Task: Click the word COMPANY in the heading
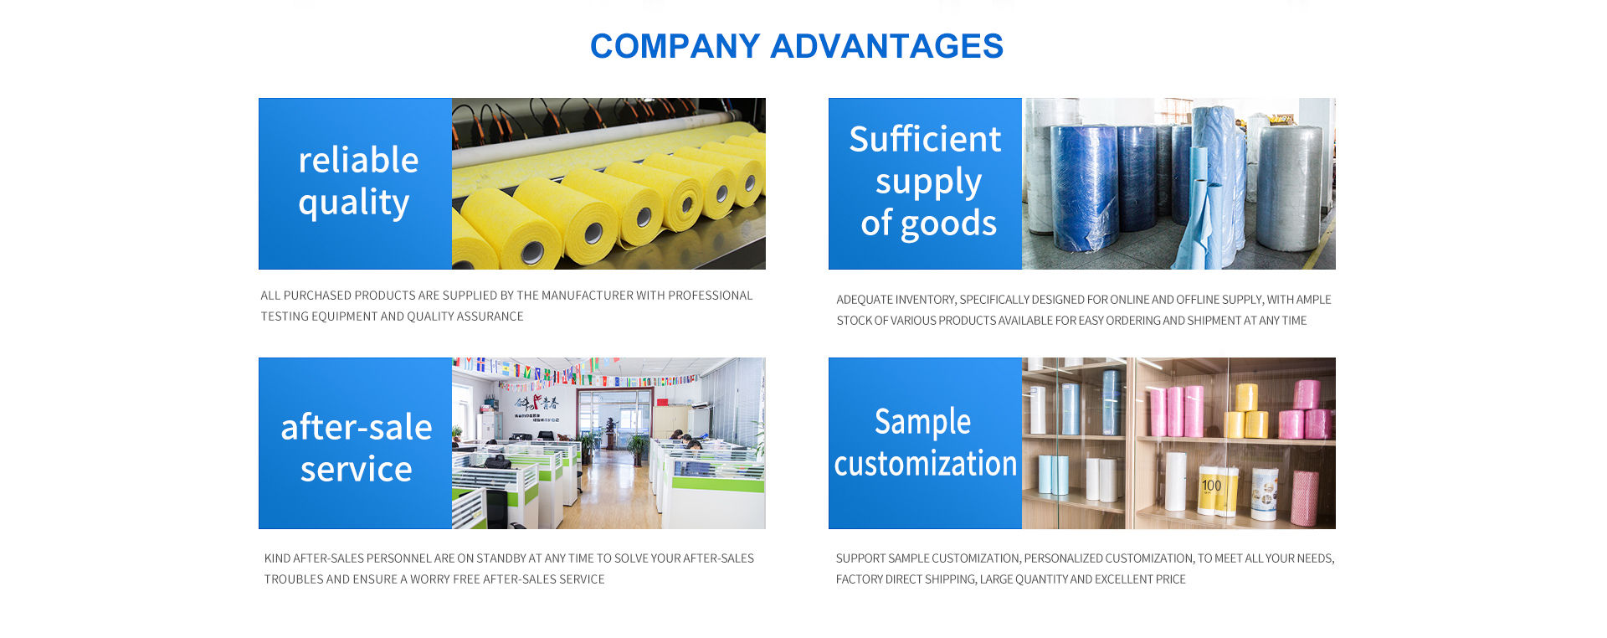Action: pyautogui.click(x=675, y=46)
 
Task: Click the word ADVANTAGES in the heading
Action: pyautogui.click(x=886, y=46)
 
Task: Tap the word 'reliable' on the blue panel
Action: pyautogui.click(x=358, y=159)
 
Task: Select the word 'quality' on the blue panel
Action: pyautogui.click(x=354, y=203)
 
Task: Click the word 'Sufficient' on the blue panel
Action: pyautogui.click(x=925, y=139)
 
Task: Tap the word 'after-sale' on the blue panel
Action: pyautogui.click(x=357, y=427)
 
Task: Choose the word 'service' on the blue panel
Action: pyautogui.click(x=357, y=470)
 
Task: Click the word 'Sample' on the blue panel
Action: pyautogui.click(x=922, y=423)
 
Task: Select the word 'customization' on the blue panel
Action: pyautogui.click(x=925, y=464)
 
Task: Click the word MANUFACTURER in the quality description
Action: pyautogui.click(x=587, y=296)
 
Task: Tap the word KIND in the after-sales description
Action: pyautogui.click(x=277, y=558)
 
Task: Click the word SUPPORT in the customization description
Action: pyautogui.click(x=860, y=558)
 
